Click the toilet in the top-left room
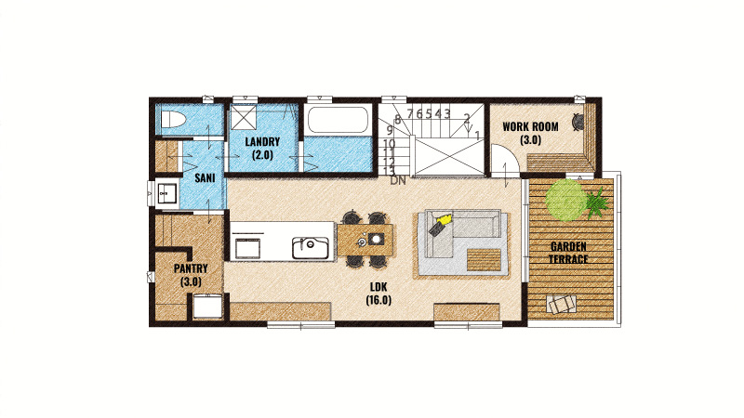pos(172,119)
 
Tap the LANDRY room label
pos(262,142)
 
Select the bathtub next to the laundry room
pos(338,120)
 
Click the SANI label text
pos(205,178)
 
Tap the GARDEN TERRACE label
pos(568,253)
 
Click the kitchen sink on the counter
pos(311,248)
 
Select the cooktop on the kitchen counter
pos(248,246)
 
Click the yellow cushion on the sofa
pos(444,220)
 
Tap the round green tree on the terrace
pos(566,200)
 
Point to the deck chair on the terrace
pos(562,304)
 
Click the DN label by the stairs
pos(398,180)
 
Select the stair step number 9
pos(390,129)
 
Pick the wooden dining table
pos(365,241)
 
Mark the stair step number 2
pos(467,118)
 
